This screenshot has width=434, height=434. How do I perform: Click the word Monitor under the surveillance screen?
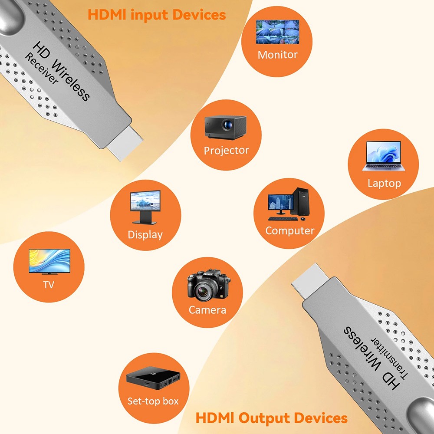pyautogui.click(x=277, y=55)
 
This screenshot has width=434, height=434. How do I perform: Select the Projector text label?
pyautogui.click(x=226, y=151)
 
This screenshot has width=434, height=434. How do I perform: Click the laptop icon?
pyautogui.click(x=383, y=156)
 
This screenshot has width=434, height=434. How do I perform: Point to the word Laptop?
pyautogui.click(x=384, y=183)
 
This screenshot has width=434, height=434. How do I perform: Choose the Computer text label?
pyautogui.click(x=290, y=231)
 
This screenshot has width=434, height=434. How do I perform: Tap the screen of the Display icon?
pyautogui.click(x=145, y=201)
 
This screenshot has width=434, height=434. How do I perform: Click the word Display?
pyautogui.click(x=145, y=235)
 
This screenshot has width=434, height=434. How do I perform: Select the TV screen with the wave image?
pyautogui.click(x=49, y=261)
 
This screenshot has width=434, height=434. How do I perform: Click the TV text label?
pyautogui.click(x=49, y=285)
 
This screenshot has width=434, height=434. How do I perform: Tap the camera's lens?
pyautogui.click(x=203, y=291)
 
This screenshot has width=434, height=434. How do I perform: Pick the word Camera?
pyautogui.click(x=207, y=310)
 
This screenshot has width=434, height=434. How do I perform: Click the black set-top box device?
pyautogui.click(x=153, y=378)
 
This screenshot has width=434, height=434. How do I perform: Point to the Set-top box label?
pyautogui.click(x=153, y=401)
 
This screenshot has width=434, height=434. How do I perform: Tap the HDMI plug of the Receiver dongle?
pyautogui.click(x=125, y=143)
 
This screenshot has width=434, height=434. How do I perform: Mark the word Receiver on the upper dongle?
pyautogui.click(x=42, y=69)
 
